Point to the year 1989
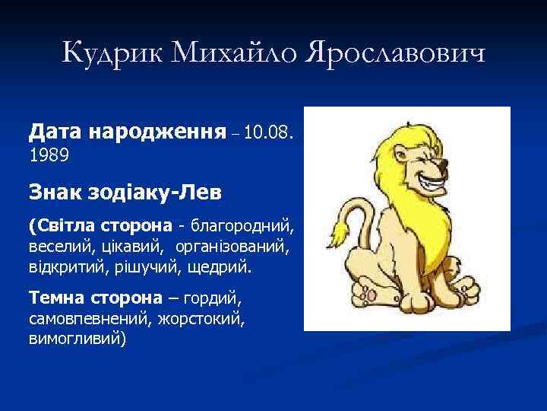(x=49, y=155)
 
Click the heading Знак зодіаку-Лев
(x=125, y=190)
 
